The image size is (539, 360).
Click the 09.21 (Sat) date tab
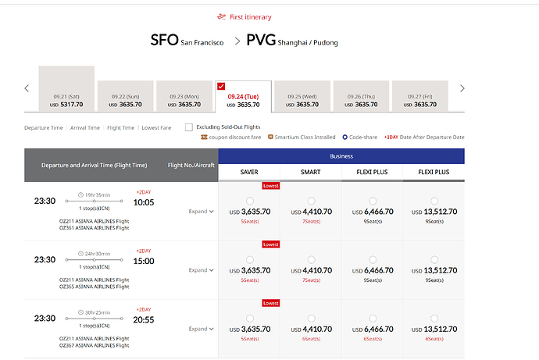[x=66, y=89]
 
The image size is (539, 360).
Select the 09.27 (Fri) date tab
[x=420, y=97]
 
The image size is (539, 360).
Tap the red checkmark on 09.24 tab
[x=221, y=86]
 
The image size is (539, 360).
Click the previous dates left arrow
[x=27, y=88]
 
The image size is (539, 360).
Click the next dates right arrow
[x=462, y=88]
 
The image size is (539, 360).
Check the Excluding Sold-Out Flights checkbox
[x=189, y=127]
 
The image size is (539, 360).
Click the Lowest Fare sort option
[x=156, y=128]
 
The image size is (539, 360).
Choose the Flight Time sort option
[x=120, y=128]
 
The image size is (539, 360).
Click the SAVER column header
[x=249, y=172]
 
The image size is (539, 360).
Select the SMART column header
[x=311, y=172]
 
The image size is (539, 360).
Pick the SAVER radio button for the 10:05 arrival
[x=250, y=201]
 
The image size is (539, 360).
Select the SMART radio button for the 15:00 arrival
[x=312, y=260]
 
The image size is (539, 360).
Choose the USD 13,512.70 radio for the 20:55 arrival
[x=434, y=319]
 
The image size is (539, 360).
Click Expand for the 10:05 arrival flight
[x=201, y=212]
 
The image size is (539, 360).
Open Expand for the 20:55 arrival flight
[x=201, y=329]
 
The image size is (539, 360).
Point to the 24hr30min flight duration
[x=98, y=254]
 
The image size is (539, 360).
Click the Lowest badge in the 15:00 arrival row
[x=271, y=244]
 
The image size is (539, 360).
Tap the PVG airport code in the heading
[x=261, y=40]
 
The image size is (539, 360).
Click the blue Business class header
[x=341, y=156]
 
